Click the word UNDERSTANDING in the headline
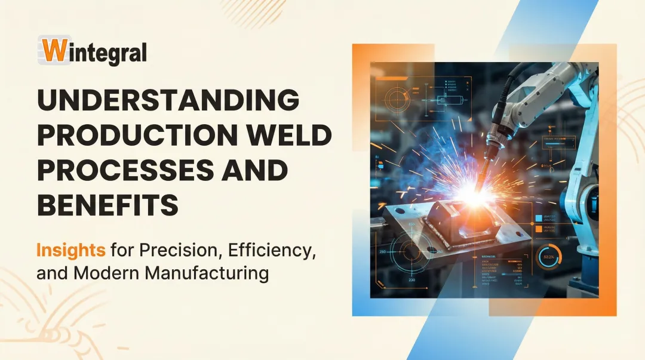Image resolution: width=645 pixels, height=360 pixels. pyautogui.click(x=168, y=99)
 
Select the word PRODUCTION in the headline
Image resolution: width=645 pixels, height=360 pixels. pyautogui.click(x=136, y=136)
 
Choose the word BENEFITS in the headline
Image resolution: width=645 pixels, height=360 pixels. pyautogui.click(x=107, y=207)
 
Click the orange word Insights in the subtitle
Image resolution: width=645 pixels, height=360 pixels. pyautogui.click(x=70, y=250)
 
